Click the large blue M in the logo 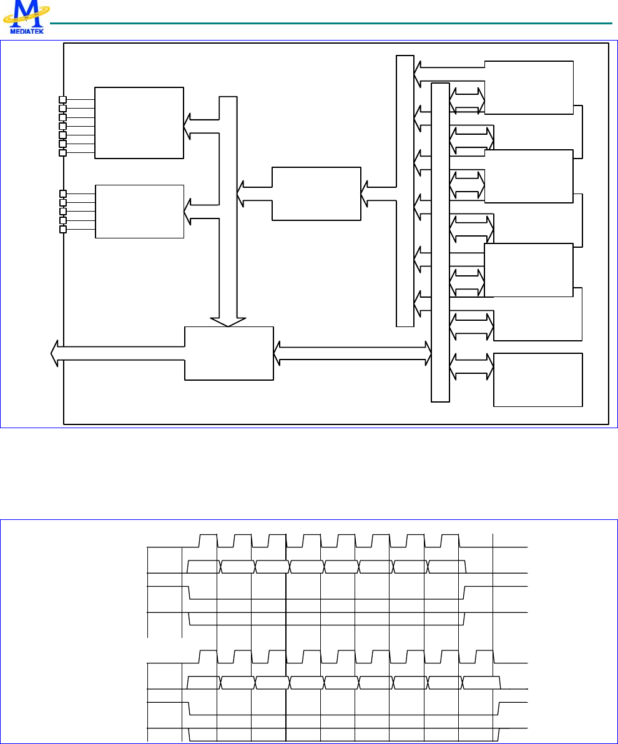tap(26, 12)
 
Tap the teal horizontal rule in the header tap(331, 24)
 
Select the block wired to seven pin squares tap(139, 123)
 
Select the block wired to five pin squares tap(139, 211)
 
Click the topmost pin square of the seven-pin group tap(62, 99)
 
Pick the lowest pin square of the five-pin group tap(62, 229)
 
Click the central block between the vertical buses tap(316, 193)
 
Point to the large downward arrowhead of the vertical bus tap(227, 321)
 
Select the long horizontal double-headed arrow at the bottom tap(353, 353)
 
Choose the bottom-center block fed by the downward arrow tap(229, 353)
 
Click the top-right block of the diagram tap(529, 87)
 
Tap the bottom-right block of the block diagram tap(538, 379)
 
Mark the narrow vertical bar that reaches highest tap(405, 190)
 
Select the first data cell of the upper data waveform tap(204, 567)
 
